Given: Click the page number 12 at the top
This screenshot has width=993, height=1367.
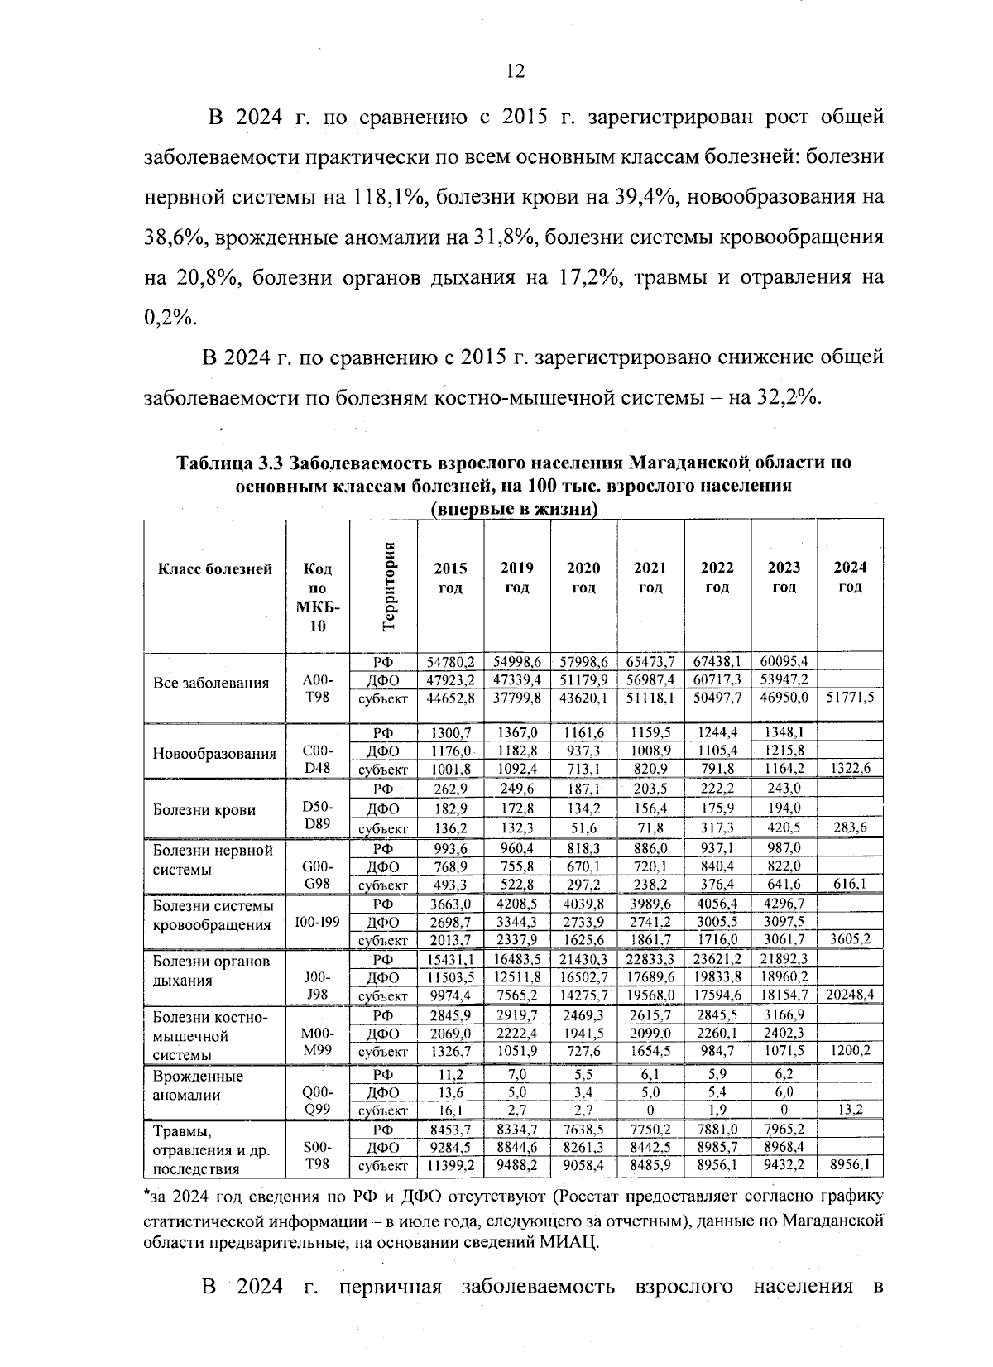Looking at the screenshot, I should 515,71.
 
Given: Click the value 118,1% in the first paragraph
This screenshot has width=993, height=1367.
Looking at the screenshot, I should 389,198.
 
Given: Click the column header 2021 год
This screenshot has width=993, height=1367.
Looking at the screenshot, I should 650,577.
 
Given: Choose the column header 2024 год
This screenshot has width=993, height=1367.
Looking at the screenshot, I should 850,576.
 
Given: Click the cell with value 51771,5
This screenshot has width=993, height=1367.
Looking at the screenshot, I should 850,698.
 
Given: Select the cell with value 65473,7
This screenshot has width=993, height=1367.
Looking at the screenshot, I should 650,661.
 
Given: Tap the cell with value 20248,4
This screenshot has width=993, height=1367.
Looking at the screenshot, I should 850,994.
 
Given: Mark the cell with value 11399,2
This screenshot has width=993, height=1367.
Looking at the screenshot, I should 450,1165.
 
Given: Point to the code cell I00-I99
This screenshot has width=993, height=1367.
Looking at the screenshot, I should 318,920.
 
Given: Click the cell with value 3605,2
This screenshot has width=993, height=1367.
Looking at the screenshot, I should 850,938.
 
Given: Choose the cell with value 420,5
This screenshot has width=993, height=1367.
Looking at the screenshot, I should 784,827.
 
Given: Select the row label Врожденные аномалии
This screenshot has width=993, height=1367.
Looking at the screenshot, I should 198,1086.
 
